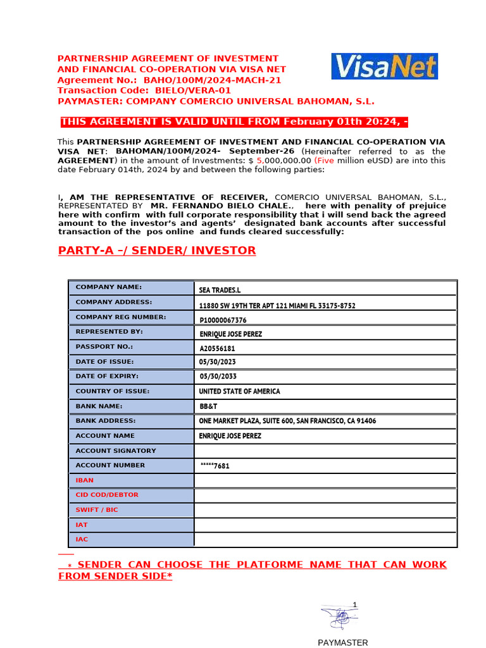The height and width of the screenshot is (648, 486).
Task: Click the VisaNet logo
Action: [x=384, y=66]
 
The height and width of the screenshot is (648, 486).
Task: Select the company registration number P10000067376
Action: [x=223, y=320]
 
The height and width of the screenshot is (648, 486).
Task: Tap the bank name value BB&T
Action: [x=209, y=406]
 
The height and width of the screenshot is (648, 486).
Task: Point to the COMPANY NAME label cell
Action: [x=109, y=287]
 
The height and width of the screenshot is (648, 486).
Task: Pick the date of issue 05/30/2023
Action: [x=218, y=362]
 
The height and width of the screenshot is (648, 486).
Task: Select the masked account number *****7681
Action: [x=215, y=466]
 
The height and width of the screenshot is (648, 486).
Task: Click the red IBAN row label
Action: [x=84, y=480]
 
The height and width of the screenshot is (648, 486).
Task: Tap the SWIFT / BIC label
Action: [x=96, y=509]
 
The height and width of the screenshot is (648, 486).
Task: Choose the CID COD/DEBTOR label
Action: [x=106, y=495]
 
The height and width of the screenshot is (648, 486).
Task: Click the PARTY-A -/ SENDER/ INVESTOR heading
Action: [x=157, y=251]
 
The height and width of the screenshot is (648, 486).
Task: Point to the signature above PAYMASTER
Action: [x=340, y=616]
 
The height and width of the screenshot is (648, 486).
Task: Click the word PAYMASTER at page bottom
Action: [x=342, y=642]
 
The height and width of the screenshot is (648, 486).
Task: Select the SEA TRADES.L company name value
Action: [x=220, y=290]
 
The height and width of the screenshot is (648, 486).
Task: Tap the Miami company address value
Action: [x=277, y=306]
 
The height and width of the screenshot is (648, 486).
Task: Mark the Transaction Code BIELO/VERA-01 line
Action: [x=144, y=90]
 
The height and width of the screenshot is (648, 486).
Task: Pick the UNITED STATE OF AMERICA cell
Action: [x=239, y=392]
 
